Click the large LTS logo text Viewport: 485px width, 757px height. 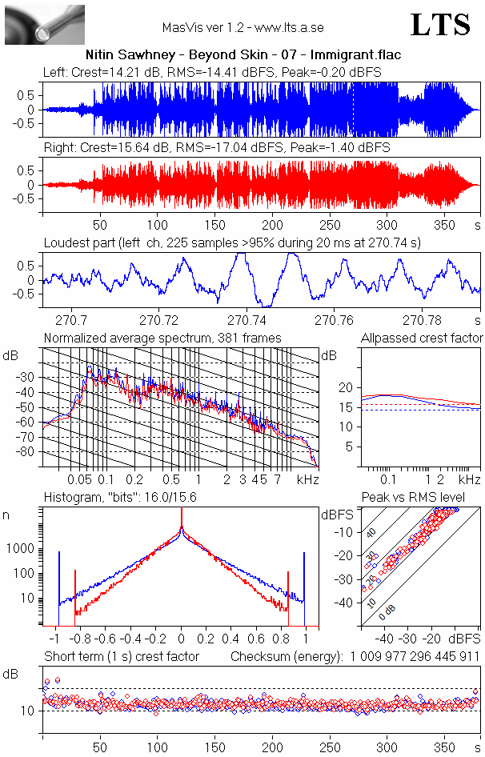tap(439, 25)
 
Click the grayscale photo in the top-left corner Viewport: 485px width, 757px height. tap(44, 24)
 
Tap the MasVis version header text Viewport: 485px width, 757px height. tap(242, 27)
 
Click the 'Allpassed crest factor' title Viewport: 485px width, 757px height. tap(422, 338)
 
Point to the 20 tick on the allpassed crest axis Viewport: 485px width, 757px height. tap(346, 387)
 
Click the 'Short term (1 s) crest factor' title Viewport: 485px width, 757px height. tap(122, 657)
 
